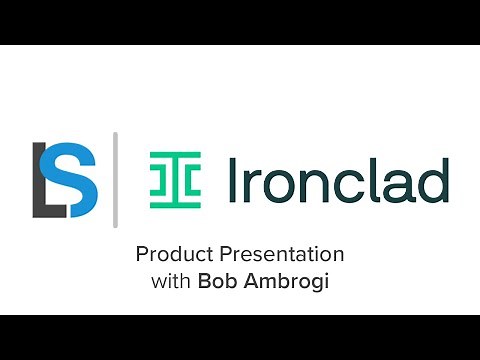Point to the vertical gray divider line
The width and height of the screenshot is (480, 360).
[x=115, y=179]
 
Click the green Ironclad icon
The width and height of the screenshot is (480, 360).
[x=175, y=180]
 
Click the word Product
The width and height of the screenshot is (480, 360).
[x=169, y=254]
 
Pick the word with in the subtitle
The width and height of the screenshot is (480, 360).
[x=171, y=281]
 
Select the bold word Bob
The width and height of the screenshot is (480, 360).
[x=217, y=281]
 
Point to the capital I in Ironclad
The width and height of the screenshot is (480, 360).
[x=233, y=179]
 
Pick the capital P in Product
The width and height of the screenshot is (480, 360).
[x=141, y=254]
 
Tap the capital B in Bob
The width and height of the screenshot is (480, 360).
[x=204, y=281]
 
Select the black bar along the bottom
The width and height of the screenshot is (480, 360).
[x=240, y=337]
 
